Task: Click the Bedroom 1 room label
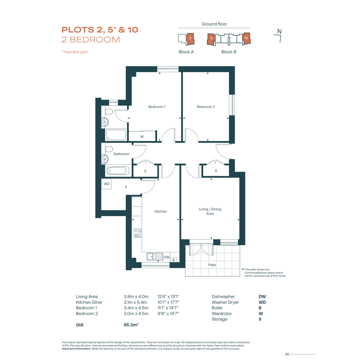click(157, 107)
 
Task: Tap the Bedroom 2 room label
click(206, 107)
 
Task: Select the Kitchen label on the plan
click(161, 211)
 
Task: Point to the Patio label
click(212, 265)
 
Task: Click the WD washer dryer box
click(107, 184)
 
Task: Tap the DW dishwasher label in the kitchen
click(166, 257)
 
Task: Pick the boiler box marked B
click(174, 260)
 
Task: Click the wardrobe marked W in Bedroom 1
click(142, 136)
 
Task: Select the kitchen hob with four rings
click(138, 233)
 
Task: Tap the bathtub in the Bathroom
click(118, 171)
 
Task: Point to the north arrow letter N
click(279, 31)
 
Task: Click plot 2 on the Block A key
click(190, 38)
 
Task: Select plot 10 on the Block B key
click(246, 38)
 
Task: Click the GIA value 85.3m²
click(131, 325)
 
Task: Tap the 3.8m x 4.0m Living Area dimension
click(136, 297)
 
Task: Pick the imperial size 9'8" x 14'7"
click(168, 314)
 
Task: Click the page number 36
click(287, 354)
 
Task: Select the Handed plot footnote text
click(75, 52)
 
